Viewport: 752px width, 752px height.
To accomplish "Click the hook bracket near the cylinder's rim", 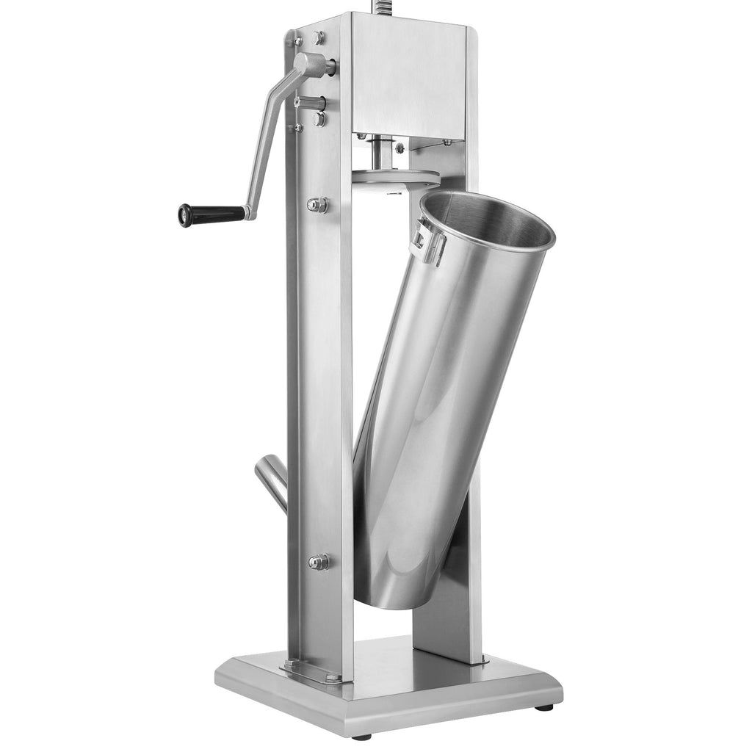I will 428,241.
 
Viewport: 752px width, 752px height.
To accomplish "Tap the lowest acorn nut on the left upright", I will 319,562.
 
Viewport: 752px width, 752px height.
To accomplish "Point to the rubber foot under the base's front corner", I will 361,735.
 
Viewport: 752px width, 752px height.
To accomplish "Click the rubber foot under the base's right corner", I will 544,707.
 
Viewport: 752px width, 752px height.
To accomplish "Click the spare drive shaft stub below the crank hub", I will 312,103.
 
